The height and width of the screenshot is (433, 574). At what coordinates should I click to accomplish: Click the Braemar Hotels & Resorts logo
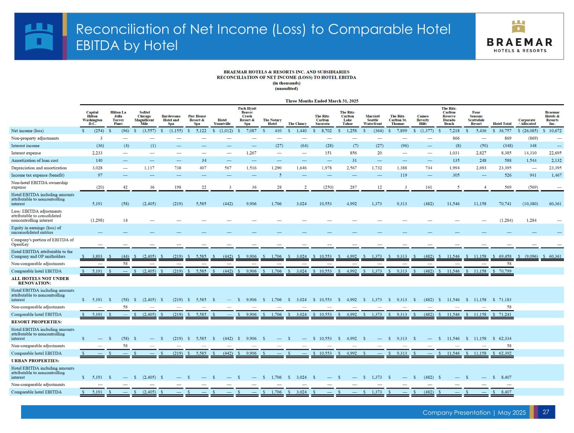520,37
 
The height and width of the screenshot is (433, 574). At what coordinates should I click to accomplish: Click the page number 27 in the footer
546,412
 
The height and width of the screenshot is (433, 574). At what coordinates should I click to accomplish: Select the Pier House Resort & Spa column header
197,120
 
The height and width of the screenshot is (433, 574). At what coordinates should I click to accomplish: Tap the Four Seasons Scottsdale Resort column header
476,118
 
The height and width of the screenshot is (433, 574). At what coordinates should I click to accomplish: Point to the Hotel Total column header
502,124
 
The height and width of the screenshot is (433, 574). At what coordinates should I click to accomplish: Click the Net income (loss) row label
27,131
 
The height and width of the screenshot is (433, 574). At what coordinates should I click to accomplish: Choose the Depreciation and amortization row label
39,168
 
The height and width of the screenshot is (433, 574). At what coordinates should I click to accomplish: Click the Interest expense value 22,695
555,153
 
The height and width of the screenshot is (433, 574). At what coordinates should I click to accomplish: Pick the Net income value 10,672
555,131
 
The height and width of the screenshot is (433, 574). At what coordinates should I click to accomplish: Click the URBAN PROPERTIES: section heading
35,361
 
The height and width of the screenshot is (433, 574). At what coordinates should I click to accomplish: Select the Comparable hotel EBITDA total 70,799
503,271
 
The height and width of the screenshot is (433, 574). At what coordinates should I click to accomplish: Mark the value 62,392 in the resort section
503,353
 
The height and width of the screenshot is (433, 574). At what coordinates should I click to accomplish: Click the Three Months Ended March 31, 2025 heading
322,101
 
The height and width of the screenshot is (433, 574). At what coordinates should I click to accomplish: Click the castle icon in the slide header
39,36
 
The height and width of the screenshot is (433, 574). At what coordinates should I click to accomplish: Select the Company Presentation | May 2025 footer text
474,412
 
